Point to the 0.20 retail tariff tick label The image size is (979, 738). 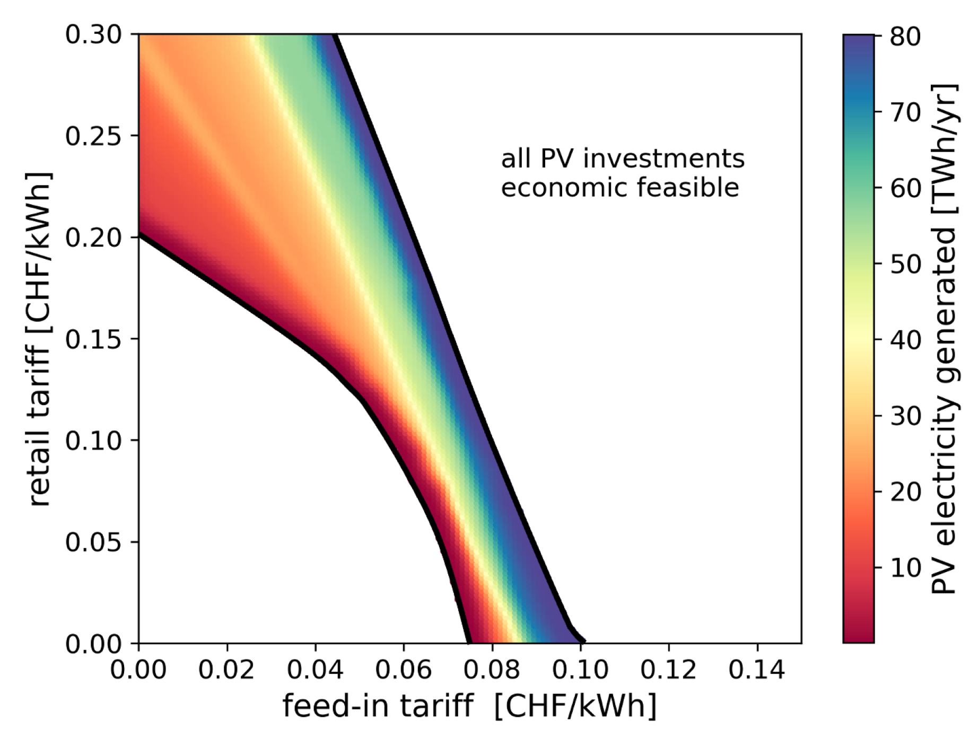(x=93, y=238)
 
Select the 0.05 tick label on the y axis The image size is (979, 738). (x=93, y=542)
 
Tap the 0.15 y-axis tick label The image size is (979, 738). (x=93, y=339)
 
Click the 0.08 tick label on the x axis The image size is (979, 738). (x=492, y=670)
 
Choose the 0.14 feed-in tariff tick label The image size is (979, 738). (x=757, y=670)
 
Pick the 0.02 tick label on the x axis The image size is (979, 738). (x=226, y=670)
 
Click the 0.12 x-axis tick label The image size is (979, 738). (x=668, y=670)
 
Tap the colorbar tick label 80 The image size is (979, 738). (x=905, y=37)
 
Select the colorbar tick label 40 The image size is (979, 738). (x=905, y=340)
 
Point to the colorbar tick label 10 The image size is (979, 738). (x=905, y=568)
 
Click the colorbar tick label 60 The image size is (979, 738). (x=905, y=188)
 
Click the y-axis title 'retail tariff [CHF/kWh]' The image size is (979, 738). (x=40, y=339)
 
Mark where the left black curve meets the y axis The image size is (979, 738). (x=139, y=234)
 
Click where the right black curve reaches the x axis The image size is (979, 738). (x=583, y=642)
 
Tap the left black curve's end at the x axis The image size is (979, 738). (x=468, y=642)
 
